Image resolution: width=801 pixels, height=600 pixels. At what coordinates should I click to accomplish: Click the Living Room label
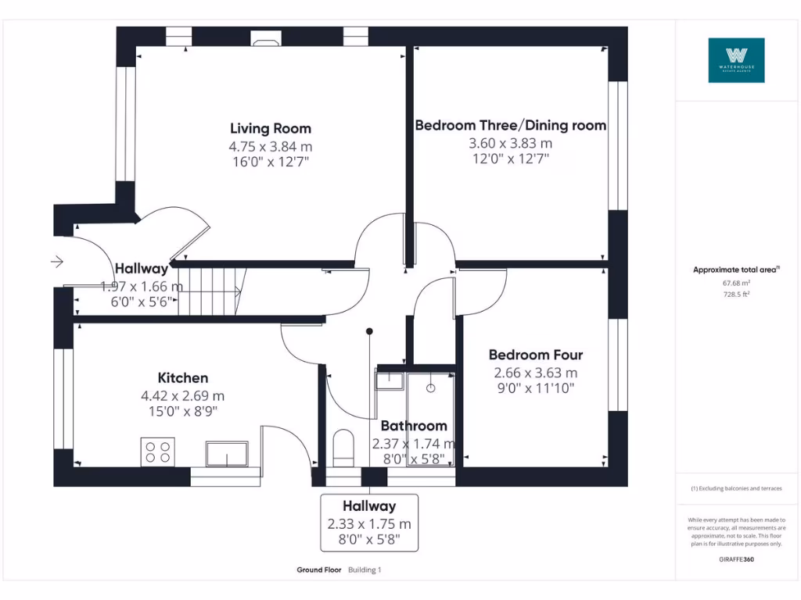click(x=270, y=128)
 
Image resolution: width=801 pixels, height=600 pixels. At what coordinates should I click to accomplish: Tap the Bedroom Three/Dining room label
click(x=510, y=125)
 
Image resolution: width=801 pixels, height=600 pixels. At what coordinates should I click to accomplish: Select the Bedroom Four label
click(x=535, y=355)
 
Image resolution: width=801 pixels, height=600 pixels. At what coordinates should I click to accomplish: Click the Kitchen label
click(x=182, y=378)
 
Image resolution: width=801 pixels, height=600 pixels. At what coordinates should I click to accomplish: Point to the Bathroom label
click(x=414, y=426)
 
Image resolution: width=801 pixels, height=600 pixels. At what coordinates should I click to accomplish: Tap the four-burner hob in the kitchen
click(x=158, y=452)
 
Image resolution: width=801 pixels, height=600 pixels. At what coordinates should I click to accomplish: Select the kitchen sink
click(x=227, y=453)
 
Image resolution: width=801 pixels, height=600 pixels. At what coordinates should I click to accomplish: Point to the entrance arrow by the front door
click(x=56, y=261)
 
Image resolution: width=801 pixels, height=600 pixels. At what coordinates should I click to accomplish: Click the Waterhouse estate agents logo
click(x=736, y=60)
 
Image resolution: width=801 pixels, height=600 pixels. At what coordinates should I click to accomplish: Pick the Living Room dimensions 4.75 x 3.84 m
click(x=270, y=146)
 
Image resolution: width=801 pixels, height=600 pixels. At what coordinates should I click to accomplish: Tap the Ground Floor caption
click(x=319, y=570)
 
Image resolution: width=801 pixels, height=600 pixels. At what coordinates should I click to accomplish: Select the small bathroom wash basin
click(x=389, y=380)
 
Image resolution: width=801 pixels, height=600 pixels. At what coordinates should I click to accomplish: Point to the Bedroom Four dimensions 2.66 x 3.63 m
click(x=535, y=373)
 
